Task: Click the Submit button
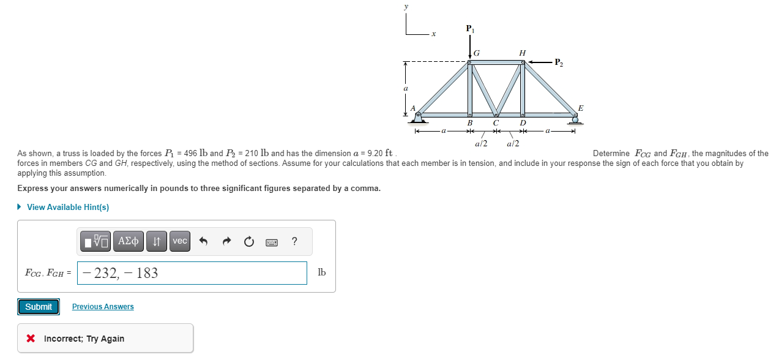[x=39, y=307]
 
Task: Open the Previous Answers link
[x=103, y=307]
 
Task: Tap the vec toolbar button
[x=179, y=241]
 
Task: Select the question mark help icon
[x=294, y=241]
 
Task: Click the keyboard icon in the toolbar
[x=272, y=242]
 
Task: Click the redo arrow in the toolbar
[x=226, y=241]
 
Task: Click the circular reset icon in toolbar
[x=248, y=241]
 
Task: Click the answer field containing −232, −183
[x=192, y=273]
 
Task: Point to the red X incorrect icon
[x=31, y=339]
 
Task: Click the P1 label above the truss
[x=469, y=29]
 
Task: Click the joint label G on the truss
[x=477, y=54]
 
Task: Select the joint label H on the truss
[x=522, y=53]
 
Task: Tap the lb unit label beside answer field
[x=321, y=273]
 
